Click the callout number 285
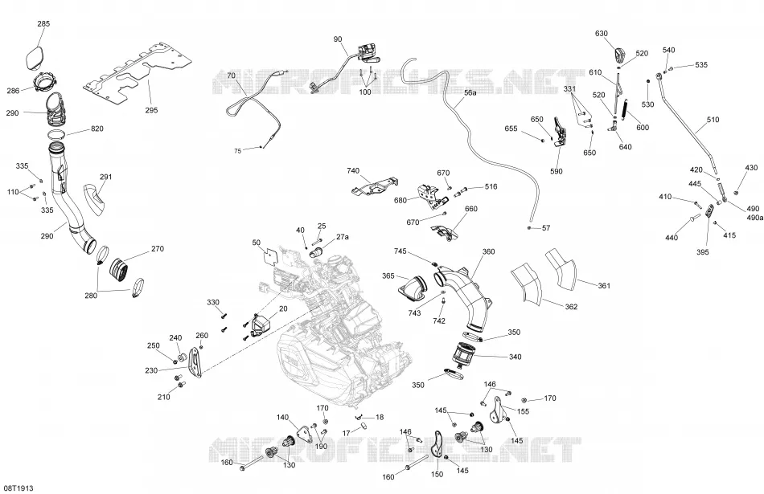tap(43, 23)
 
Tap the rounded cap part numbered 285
tap(35, 59)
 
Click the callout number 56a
tap(470, 92)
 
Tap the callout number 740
tap(353, 171)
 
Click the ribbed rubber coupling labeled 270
tap(118, 271)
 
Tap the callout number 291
tap(105, 177)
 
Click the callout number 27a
tap(343, 236)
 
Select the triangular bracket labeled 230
tap(195, 362)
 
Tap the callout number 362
tap(572, 307)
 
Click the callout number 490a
tap(754, 218)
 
